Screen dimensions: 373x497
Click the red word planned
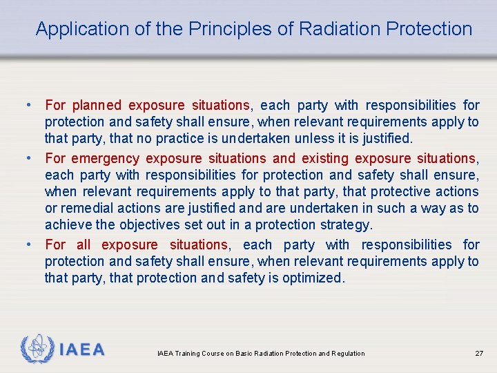[x=96, y=106]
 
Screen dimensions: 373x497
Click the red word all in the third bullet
[x=84, y=245]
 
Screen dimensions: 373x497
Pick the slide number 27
[x=479, y=354]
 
